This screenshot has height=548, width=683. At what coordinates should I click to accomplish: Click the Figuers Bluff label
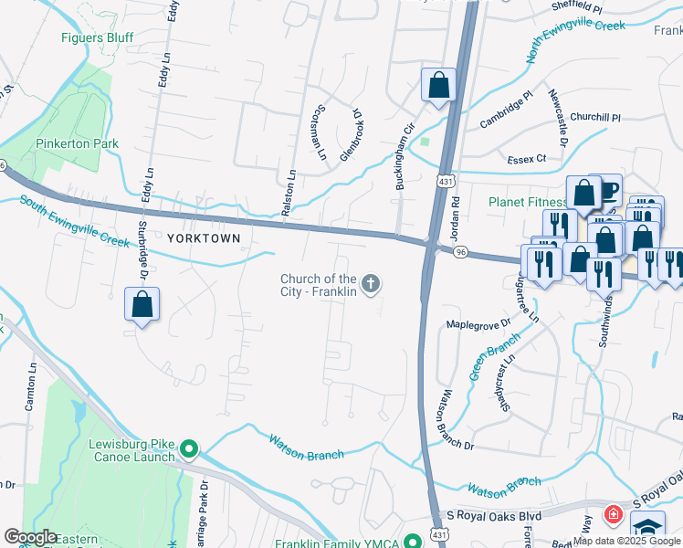coord(97,37)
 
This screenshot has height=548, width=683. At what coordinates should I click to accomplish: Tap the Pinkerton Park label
coord(78,144)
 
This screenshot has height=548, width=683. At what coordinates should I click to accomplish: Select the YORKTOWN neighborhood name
coord(204,237)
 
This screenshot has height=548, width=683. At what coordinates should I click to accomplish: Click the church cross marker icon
coord(371,284)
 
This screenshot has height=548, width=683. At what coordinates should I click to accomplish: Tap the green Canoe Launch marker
coord(189,448)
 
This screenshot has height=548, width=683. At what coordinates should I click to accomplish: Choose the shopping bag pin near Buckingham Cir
coord(438,85)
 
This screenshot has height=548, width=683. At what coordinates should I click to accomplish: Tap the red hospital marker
coord(613,516)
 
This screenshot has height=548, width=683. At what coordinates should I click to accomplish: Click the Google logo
coord(30,537)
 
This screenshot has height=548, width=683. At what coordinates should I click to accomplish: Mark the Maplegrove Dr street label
coord(478,324)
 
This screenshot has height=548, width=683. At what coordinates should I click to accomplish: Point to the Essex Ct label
coord(529,158)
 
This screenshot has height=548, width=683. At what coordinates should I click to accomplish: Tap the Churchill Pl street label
coord(594,117)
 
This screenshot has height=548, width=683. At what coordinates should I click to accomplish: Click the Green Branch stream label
coord(493,356)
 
